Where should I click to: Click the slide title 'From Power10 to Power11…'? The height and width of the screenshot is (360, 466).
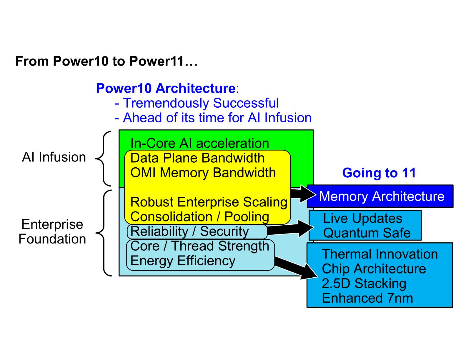[106, 61]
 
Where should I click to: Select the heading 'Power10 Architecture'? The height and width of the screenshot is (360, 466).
[165, 88]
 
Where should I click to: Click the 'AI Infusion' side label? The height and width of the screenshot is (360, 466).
[54, 157]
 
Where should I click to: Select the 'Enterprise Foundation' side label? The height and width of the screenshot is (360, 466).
[52, 232]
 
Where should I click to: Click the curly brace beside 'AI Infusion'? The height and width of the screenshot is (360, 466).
[104, 159]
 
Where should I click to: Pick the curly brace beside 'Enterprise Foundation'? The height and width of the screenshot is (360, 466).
[104, 233]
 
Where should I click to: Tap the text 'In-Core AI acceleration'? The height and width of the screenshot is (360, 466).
[199, 144]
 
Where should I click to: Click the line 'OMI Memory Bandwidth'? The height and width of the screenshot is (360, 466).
[203, 173]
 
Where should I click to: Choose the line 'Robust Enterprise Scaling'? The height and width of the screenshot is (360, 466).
[209, 202]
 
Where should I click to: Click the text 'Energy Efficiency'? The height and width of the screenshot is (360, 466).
[183, 261]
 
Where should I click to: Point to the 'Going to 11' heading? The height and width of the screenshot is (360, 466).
[379, 173]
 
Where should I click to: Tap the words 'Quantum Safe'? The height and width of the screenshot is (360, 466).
[367, 233]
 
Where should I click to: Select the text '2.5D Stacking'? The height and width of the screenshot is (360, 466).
[364, 284]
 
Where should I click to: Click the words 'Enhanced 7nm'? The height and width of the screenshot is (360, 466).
[367, 298]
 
